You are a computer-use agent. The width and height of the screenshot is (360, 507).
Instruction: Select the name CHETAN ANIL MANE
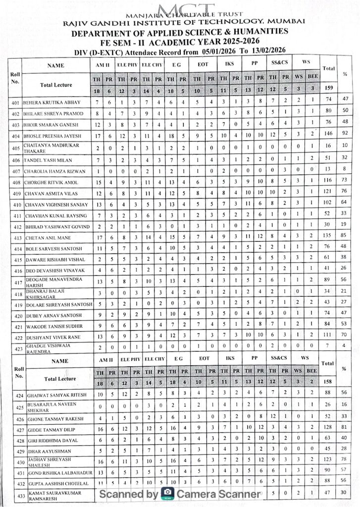[45, 237]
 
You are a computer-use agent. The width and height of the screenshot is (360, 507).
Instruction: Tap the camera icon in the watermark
[168, 493]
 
